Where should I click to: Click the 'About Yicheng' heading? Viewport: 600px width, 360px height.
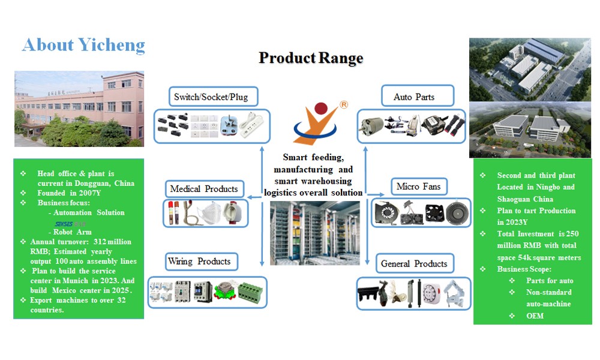(x=83, y=45)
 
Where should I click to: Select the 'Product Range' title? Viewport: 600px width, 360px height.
(x=311, y=58)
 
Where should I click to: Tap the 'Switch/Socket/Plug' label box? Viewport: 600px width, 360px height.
(x=210, y=97)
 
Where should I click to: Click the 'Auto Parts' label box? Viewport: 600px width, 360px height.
(x=415, y=97)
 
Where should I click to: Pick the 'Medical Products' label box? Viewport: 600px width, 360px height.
(x=204, y=189)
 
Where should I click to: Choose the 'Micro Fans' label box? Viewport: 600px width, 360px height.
(x=418, y=187)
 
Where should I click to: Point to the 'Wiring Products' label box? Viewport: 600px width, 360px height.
(x=199, y=262)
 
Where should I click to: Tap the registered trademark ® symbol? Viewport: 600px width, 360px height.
(x=344, y=105)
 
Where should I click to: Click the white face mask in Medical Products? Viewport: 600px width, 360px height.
(x=208, y=212)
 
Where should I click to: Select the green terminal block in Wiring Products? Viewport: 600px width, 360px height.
(x=249, y=292)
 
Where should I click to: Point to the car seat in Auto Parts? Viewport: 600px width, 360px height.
(x=407, y=125)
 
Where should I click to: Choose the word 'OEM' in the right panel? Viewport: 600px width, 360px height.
(x=535, y=316)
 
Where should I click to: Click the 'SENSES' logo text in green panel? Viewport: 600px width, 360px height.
(x=59, y=223)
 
